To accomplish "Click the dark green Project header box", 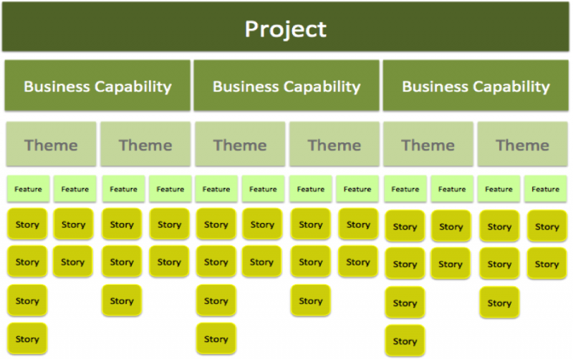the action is pos(285,26).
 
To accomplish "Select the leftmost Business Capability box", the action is pos(97,85).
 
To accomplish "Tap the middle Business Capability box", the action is pos(286,85).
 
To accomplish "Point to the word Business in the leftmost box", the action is pos(57,87).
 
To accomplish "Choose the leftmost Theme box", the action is pos(51,145).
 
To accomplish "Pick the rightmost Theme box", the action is pos(523,145).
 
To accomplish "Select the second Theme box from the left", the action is pos(145,145).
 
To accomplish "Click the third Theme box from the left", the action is pos(240,145).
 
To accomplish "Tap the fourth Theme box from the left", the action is pos(334,145).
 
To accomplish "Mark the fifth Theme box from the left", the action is pos(428,145).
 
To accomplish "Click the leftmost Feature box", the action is pos(28,189).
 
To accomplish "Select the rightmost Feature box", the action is pos(546,189).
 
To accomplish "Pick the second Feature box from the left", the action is pos(75,189).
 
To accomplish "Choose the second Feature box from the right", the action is pos(499,189).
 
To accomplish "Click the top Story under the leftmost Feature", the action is pos(27,224).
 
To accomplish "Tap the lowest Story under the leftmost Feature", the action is pos(27,339).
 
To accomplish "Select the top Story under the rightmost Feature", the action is pos(547,226).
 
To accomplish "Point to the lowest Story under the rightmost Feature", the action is pos(547,264).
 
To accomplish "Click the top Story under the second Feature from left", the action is pos(74,224).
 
